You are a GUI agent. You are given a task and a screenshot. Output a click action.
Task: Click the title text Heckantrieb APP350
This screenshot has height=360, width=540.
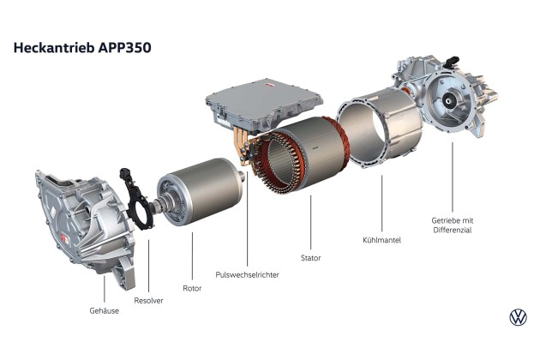pos(82,47)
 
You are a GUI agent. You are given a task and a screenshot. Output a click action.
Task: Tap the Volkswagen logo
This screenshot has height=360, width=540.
pos(518,317)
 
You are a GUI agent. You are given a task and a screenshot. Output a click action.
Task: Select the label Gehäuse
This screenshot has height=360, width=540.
pos(104,311)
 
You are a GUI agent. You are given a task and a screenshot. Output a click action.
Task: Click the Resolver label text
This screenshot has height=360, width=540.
pos(148,300)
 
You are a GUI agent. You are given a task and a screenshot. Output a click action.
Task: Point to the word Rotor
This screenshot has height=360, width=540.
pos(192,288)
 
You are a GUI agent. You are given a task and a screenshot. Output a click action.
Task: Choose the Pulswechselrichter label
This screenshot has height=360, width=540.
pos(247,274)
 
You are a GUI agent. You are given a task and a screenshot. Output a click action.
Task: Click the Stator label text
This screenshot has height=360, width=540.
pos(310,258)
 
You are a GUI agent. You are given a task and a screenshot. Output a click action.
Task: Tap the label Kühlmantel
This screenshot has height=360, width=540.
pos(381,240)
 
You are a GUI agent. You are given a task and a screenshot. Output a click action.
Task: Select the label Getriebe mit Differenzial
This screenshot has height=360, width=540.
pos(453,225)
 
